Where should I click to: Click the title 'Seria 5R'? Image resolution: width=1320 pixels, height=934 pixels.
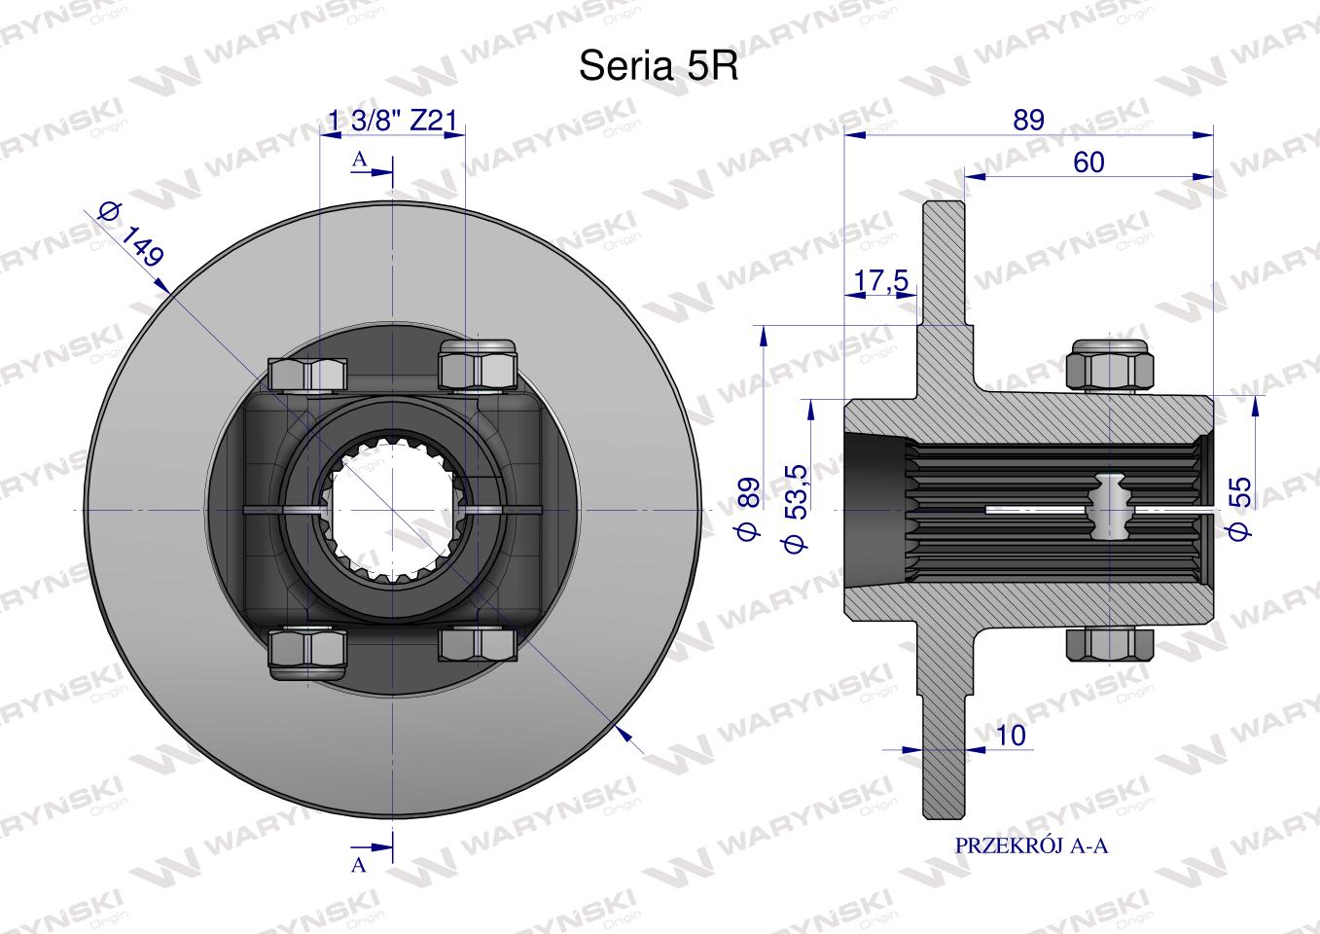click(659, 65)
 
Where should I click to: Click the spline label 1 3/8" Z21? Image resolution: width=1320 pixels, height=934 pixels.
click(392, 121)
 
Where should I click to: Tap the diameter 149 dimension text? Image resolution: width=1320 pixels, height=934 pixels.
click(131, 234)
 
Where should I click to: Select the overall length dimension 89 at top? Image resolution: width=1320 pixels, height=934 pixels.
click(1028, 120)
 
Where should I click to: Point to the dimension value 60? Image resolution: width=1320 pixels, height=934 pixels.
click(1088, 162)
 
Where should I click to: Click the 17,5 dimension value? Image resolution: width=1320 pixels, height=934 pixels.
click(881, 280)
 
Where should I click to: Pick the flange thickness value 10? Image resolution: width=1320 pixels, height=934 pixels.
click(1011, 736)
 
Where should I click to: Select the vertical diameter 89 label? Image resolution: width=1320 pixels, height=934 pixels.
click(749, 509)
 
